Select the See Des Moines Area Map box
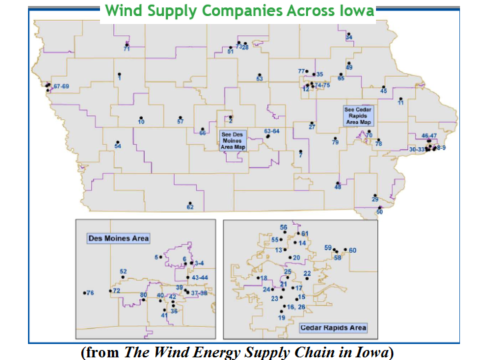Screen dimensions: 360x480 233,140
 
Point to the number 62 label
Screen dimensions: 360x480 190,207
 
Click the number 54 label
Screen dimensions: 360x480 118,145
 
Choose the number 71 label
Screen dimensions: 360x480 126,49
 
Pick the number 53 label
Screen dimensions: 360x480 259,79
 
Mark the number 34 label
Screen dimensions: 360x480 349,37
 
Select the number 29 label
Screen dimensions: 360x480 375,200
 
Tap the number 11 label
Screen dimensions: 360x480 401,103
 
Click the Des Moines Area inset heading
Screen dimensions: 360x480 119,238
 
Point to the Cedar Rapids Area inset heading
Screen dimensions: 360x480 333,328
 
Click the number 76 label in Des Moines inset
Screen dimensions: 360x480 91,293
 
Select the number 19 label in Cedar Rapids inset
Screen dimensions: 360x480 281,318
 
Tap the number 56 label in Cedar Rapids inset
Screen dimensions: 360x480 283,228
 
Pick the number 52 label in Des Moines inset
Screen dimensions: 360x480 123,271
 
